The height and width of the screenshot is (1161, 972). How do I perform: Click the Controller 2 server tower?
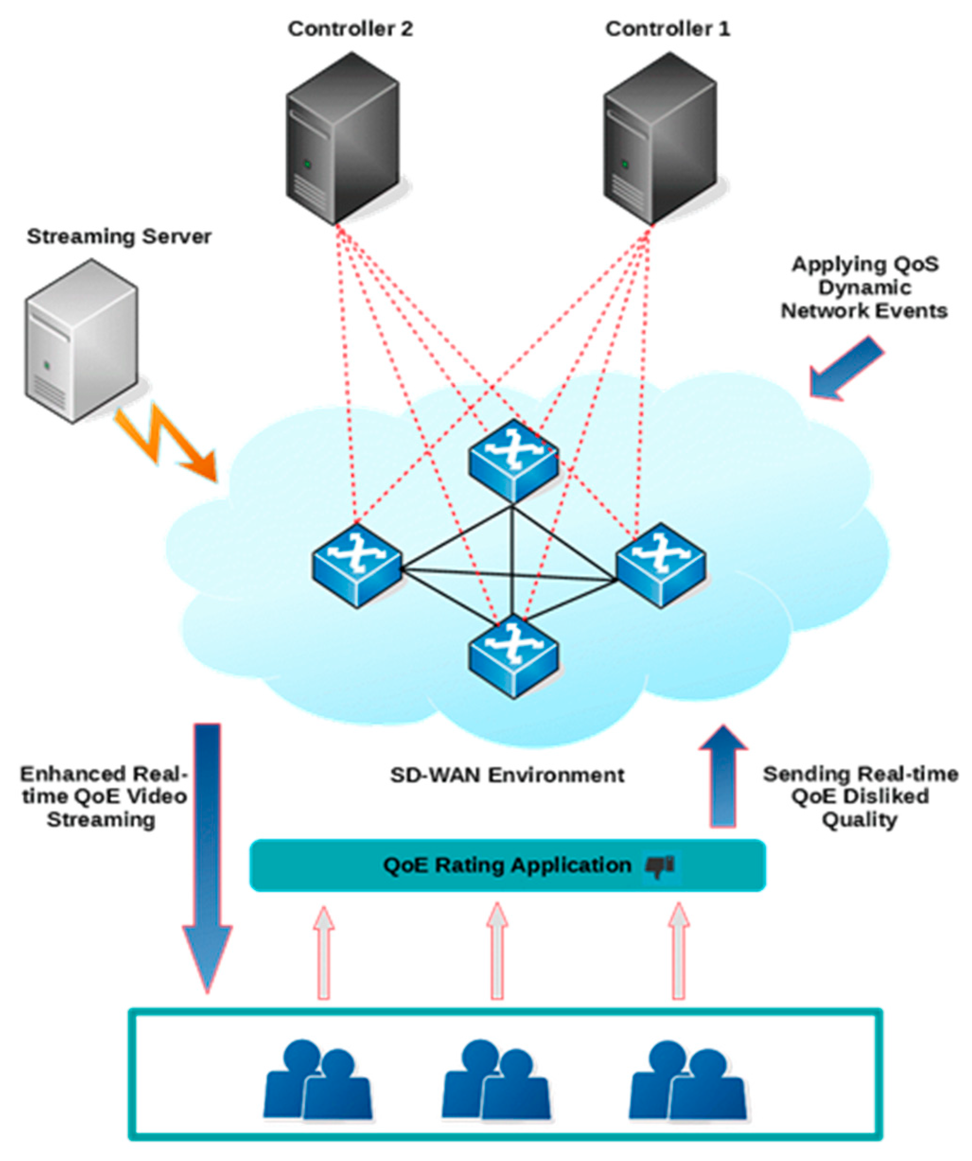tap(343, 138)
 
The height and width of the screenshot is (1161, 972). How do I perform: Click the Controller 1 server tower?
tap(660, 138)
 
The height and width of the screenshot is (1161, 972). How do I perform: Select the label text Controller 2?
tap(350, 29)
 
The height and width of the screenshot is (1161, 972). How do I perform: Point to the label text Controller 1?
tap(668, 29)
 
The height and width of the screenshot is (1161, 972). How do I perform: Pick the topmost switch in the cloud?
tap(513, 460)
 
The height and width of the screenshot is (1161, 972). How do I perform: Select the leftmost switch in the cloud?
tap(357, 566)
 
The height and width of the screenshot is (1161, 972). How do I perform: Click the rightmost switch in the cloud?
tap(661, 566)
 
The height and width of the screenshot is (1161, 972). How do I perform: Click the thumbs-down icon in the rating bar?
tap(660, 866)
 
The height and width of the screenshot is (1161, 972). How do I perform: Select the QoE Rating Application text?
tap(507, 865)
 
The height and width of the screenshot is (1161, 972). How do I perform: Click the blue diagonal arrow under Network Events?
tap(846, 367)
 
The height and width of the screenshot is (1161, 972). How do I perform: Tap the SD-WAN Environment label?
tap(507, 775)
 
